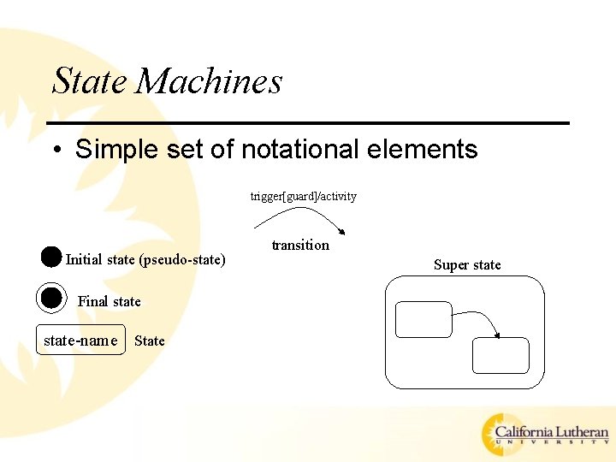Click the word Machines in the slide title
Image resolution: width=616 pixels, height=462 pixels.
(209, 81)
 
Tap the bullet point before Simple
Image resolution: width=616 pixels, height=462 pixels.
(56, 151)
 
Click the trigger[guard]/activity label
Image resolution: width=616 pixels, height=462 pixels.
(303, 197)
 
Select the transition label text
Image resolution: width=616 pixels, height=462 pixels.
(300, 245)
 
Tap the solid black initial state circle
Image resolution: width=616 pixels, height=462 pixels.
(50, 257)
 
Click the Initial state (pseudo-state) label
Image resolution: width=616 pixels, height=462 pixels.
(145, 259)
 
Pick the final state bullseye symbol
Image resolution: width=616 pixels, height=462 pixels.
(51, 298)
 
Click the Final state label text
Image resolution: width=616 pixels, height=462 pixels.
(110, 301)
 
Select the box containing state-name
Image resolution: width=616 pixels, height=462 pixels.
(80, 340)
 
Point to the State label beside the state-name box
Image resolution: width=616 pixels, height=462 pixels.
(150, 341)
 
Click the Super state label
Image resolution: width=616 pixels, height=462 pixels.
(467, 264)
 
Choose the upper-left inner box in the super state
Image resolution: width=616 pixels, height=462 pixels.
(423, 319)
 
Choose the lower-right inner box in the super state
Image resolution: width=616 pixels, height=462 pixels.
(500, 355)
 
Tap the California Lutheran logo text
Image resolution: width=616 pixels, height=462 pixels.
(552, 433)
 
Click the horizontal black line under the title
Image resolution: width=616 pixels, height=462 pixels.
(308, 123)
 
